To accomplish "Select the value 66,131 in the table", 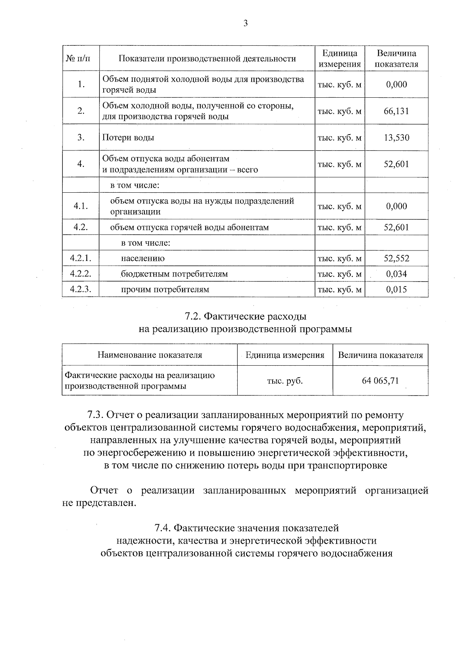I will [x=396, y=111].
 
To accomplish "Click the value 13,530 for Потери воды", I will [x=396, y=138].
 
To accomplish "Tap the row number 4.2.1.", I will [x=81, y=258].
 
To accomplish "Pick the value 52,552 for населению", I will [x=396, y=258].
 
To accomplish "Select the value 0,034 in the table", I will [x=396, y=274].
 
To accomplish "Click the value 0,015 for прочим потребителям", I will [x=396, y=289].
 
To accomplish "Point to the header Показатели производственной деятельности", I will [x=207, y=59].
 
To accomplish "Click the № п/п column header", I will [x=81, y=59].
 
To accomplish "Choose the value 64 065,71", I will [x=380, y=381].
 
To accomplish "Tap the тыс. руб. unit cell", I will [x=285, y=381].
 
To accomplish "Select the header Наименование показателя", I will [x=150, y=355].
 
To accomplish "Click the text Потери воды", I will [x=128, y=138].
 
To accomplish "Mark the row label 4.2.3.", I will [x=81, y=289].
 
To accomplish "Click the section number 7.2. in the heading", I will [x=193, y=316].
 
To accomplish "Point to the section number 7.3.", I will [x=95, y=415].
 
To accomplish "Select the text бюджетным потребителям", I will [x=174, y=274].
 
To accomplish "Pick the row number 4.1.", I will [x=81, y=206].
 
